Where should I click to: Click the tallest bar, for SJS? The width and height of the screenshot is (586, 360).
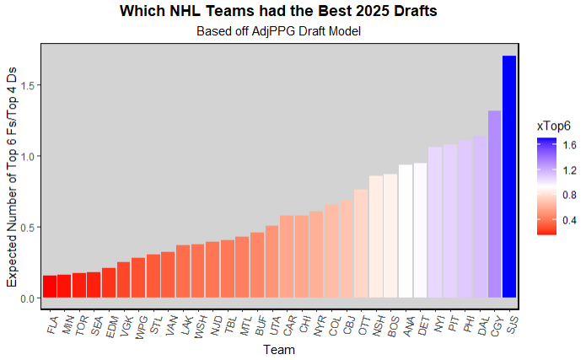[x=508, y=177]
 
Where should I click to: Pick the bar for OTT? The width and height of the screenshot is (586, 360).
[x=361, y=244]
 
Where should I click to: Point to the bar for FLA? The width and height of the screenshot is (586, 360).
[x=50, y=287]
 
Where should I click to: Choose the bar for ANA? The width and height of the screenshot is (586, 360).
[x=406, y=231]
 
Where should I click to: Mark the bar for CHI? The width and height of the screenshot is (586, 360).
[x=302, y=256]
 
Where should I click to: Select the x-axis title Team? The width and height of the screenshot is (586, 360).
[x=278, y=349]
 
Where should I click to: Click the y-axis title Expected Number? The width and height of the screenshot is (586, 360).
[x=12, y=177]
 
